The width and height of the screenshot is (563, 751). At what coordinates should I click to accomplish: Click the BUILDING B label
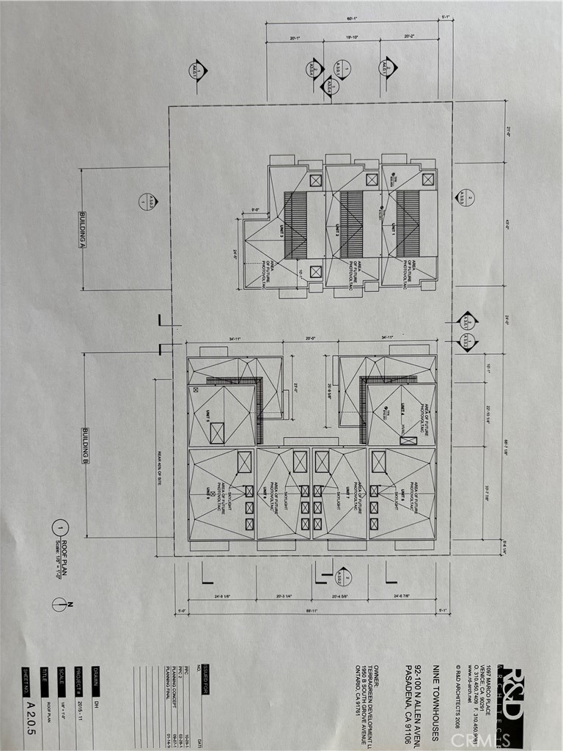tap(85, 445)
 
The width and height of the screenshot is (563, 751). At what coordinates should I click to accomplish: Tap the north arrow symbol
tap(59, 604)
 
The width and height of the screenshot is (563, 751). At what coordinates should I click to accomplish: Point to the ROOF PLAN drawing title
tap(59, 557)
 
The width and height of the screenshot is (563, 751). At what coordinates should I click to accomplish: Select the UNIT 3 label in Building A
tap(280, 230)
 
